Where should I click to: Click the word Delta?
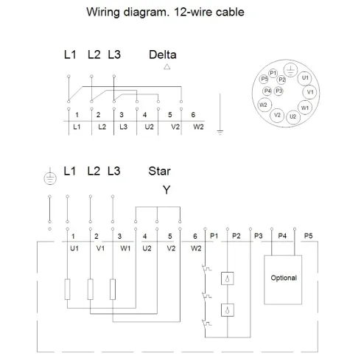163,55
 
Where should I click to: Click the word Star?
159,171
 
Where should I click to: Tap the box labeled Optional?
283,280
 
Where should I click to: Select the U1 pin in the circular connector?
304,78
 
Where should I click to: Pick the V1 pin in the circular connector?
310,92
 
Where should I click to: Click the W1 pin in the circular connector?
305,108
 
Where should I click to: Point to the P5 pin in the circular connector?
264,79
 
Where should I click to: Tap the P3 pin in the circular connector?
278,91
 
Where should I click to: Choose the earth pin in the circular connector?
290,70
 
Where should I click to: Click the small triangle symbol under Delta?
167,67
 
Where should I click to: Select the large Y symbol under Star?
167,190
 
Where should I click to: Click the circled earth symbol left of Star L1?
50,178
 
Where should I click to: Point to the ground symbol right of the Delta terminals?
220,132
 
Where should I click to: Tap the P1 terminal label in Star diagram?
214,236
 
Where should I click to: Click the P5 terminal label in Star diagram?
308,236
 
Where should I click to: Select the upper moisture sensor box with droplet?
228,278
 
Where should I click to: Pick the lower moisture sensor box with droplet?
228,310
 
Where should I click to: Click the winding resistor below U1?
67,290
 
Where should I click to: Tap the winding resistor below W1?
113,290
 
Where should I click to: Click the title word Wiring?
103,13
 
